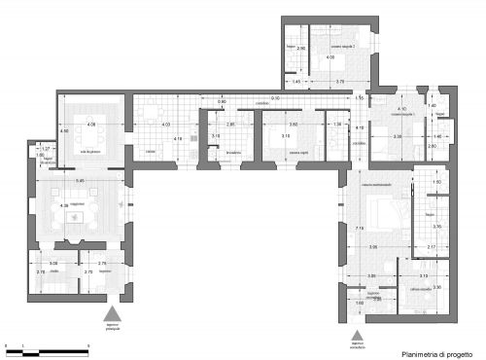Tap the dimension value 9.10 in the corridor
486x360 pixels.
[x=275, y=98]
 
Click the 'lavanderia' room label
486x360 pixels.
[x=231, y=154]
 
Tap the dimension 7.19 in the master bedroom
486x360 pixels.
[x=360, y=228]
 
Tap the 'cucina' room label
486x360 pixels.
[x=150, y=151]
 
